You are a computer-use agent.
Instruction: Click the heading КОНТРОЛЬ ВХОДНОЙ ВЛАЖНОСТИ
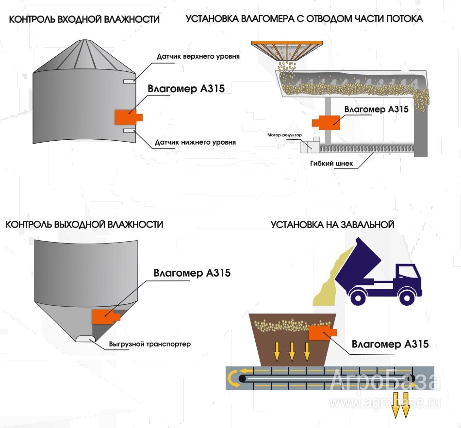tap(84, 19)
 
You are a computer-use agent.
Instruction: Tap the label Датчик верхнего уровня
tap(198, 56)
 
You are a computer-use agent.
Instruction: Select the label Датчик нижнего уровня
tap(195, 142)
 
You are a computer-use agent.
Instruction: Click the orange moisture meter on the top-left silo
tap(129, 117)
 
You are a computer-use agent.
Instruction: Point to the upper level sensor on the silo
tap(130, 81)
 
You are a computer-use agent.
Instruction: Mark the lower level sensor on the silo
tap(130, 131)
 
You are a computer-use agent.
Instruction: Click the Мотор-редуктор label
tap(284, 135)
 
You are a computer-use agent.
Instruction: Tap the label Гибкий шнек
tap(331, 164)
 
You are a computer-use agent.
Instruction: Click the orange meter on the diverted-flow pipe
tap(326, 122)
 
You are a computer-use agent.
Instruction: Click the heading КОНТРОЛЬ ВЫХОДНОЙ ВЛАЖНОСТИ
tap(84, 225)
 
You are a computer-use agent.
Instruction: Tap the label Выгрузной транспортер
tap(149, 344)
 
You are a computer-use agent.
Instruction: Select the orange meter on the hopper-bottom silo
tap(106, 316)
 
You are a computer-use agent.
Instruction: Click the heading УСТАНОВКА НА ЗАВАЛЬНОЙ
tap(332, 225)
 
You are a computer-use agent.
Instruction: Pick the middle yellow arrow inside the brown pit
tap(292, 351)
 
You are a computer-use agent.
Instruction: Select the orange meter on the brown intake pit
tap(323, 333)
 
